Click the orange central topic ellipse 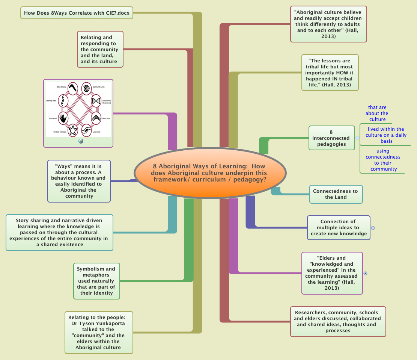point(210,173)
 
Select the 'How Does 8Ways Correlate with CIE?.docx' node point(77,13)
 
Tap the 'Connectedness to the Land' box point(336,194)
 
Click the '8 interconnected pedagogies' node point(331,138)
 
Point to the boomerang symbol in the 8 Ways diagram point(73,89)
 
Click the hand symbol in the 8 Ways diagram point(63,118)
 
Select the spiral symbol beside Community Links point(86,88)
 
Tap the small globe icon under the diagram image point(81,141)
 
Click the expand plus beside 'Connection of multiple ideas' point(373,228)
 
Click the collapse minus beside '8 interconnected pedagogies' point(357,138)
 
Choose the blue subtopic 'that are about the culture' point(377,113)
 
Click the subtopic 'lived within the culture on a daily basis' point(386,135)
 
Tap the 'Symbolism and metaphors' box point(96,281)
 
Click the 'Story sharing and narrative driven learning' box point(59,232)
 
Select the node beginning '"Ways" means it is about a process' point(79,181)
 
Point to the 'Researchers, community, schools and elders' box point(338,321)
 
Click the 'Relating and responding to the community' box point(100,49)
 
